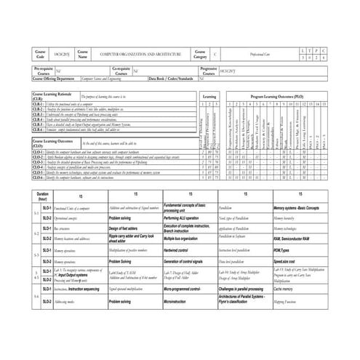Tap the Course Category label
point(199,55)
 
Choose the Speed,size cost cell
point(288,261)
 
